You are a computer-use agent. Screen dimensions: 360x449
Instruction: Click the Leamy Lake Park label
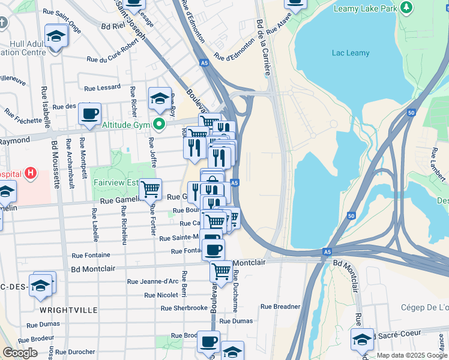click(x=366, y=8)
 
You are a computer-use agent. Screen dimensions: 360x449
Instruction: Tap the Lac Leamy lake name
click(x=351, y=53)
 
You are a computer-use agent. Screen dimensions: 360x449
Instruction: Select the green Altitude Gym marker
click(x=159, y=125)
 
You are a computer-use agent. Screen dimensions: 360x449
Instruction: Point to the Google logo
click(x=20, y=353)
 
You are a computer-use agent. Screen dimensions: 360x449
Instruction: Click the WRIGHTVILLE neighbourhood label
click(x=68, y=310)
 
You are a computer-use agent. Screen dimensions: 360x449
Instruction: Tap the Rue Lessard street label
click(x=102, y=88)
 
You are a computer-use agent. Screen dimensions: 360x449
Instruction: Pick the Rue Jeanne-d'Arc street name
click(x=152, y=281)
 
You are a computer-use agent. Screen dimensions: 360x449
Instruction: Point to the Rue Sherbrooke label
click(x=184, y=308)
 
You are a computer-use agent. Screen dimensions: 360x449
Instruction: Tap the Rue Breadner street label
click(x=280, y=307)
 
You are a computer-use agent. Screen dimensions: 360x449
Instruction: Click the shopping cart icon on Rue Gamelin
click(x=150, y=189)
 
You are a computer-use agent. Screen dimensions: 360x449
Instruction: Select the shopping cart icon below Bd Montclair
click(x=221, y=271)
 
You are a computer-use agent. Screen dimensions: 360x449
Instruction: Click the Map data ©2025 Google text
click(x=412, y=355)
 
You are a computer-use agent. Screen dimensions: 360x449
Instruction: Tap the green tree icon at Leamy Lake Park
click(x=408, y=7)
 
